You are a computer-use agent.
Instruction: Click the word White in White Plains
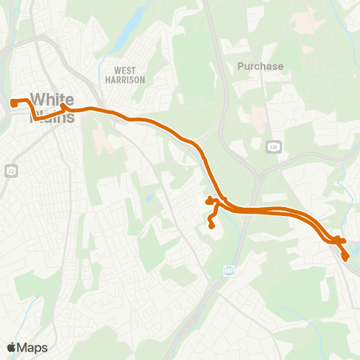(52, 98)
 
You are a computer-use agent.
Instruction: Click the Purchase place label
(260, 66)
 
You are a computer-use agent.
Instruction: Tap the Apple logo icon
(11, 347)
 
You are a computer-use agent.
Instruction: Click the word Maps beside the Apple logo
(32, 347)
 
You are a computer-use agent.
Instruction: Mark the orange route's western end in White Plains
(13, 102)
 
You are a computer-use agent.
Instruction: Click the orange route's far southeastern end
(346, 257)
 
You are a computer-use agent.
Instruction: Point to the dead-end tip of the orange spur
(211, 225)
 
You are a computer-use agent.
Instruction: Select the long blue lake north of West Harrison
(132, 30)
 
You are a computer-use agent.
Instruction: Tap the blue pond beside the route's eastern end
(355, 247)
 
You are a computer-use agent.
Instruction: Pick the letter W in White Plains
(36, 98)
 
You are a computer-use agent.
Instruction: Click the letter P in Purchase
(241, 66)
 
